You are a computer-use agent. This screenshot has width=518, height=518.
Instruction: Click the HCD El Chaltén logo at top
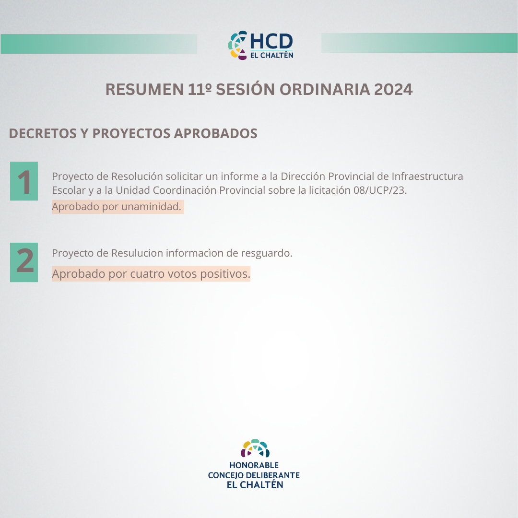[260, 45]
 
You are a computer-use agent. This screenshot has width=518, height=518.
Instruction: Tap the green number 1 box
[24, 181]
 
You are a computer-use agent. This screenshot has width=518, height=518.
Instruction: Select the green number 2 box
[24, 262]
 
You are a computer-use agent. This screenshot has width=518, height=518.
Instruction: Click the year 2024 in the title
[393, 90]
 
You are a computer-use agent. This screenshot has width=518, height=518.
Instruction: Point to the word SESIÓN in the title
[245, 89]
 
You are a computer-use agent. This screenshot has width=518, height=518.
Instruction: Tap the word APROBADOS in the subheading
[215, 133]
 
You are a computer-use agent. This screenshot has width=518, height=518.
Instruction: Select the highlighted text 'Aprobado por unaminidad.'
[118, 207]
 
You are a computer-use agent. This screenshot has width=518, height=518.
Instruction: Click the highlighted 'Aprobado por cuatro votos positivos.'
[151, 274]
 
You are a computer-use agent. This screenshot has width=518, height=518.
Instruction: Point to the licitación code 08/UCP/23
[379, 190]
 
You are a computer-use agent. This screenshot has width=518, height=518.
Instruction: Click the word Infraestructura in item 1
[427, 176]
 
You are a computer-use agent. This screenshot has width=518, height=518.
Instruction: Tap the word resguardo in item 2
[266, 253]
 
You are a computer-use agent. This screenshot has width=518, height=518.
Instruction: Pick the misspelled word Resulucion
[137, 253]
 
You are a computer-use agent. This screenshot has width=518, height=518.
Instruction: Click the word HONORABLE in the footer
[254, 465]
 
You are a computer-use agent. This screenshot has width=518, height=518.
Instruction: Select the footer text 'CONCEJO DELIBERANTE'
[254, 475]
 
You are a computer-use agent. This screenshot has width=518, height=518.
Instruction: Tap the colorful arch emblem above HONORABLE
[255, 448]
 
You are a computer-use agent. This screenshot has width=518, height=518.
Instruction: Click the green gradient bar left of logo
[99, 44]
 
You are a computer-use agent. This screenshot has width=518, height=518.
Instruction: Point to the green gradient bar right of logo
[419, 43]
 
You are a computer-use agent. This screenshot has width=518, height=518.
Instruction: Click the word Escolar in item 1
[69, 190]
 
